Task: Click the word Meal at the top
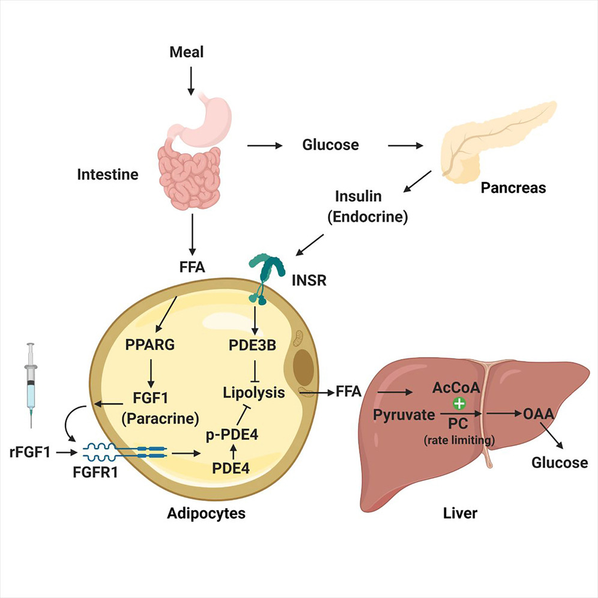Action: pos(186,52)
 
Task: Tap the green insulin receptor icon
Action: pos(265,271)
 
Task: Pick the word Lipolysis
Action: pos(253,393)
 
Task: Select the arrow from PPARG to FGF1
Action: pos(151,373)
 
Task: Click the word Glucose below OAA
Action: pos(560,462)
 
